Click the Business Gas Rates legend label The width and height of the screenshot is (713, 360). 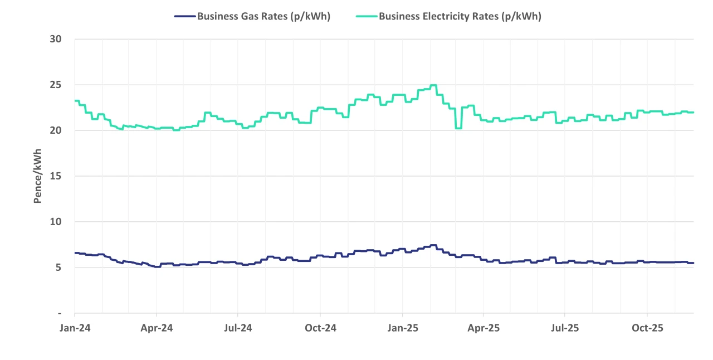click(x=263, y=16)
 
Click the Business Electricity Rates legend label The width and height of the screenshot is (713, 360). click(x=460, y=16)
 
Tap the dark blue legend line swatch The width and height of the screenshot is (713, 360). click(x=185, y=16)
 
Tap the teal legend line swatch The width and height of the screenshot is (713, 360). click(x=367, y=16)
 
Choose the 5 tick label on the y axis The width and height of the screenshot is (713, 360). click(x=58, y=267)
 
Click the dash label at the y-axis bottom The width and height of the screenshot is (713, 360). click(x=59, y=313)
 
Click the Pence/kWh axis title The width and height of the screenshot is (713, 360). click(x=38, y=176)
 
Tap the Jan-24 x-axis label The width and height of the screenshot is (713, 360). click(x=75, y=328)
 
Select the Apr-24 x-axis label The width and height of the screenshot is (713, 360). click(x=157, y=328)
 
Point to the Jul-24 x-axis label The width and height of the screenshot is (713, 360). click(x=238, y=328)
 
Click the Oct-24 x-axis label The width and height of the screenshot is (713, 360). click(x=320, y=328)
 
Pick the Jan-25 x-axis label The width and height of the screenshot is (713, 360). click(x=402, y=328)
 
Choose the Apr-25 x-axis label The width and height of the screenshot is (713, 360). click(x=484, y=328)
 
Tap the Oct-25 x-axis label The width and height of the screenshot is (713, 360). click(x=647, y=328)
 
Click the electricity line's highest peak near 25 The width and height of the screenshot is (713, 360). click(x=433, y=85)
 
